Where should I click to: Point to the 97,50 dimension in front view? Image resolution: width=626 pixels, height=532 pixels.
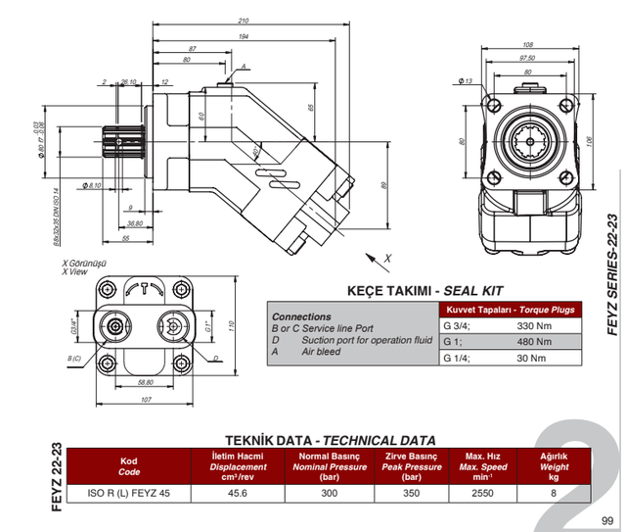(x=528, y=58)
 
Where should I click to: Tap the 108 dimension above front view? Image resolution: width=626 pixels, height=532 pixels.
(x=528, y=45)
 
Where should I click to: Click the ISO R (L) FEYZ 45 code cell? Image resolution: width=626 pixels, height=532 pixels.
(x=128, y=493)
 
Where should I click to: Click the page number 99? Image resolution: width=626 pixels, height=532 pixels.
(x=607, y=520)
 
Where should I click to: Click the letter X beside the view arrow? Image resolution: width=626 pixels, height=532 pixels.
(x=386, y=257)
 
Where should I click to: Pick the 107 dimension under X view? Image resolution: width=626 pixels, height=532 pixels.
(x=148, y=399)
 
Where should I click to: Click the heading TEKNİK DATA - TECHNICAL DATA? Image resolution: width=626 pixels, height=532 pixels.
(x=331, y=440)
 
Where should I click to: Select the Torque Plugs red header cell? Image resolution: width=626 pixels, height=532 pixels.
(x=509, y=310)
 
